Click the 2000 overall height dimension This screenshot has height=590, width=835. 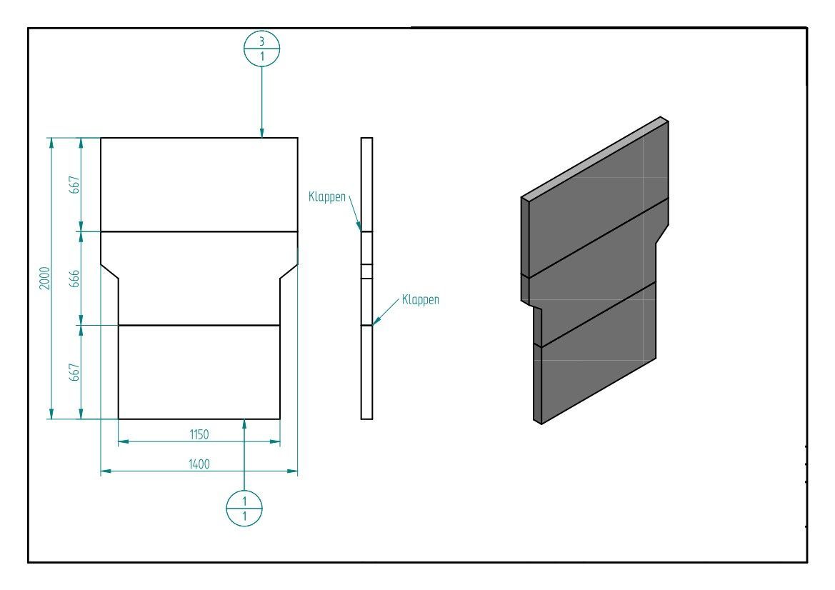click(x=44, y=278)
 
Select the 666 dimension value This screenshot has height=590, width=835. click(x=74, y=279)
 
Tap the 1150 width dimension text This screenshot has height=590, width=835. click(x=199, y=434)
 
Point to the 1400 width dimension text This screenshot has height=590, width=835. click(x=199, y=464)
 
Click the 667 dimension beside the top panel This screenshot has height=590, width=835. click(x=74, y=184)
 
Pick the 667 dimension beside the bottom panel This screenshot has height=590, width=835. click(x=74, y=372)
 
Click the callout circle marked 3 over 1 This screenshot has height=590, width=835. click(x=262, y=49)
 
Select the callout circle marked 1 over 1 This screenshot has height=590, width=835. click(x=244, y=508)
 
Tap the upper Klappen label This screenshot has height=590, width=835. click(x=328, y=196)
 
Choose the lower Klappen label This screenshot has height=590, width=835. click(x=420, y=299)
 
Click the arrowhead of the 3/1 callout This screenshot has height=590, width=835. click(x=262, y=132)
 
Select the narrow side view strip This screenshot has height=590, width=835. click(x=366, y=278)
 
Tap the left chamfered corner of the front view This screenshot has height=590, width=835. click(x=109, y=271)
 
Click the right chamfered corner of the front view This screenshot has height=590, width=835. click(x=289, y=271)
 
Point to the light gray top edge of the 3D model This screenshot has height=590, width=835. click(x=594, y=158)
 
